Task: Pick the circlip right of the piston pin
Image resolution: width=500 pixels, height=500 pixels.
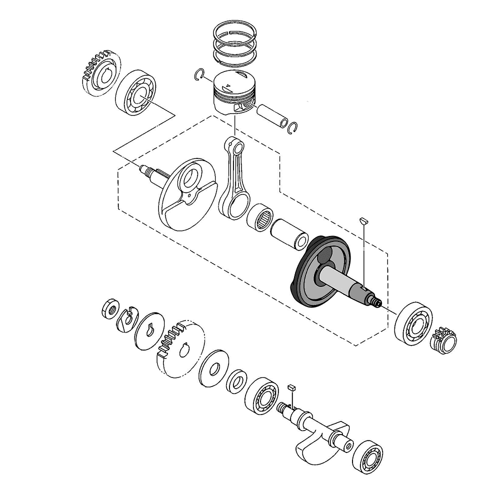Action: pos(293,128)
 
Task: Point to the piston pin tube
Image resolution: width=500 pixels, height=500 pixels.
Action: pos(272,115)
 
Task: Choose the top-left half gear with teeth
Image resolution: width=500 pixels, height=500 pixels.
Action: pos(98,72)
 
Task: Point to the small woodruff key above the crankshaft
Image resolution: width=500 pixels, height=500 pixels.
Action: pos(364,220)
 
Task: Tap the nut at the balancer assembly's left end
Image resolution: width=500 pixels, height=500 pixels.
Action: pos(109,309)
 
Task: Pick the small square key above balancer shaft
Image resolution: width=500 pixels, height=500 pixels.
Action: pos(292,387)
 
